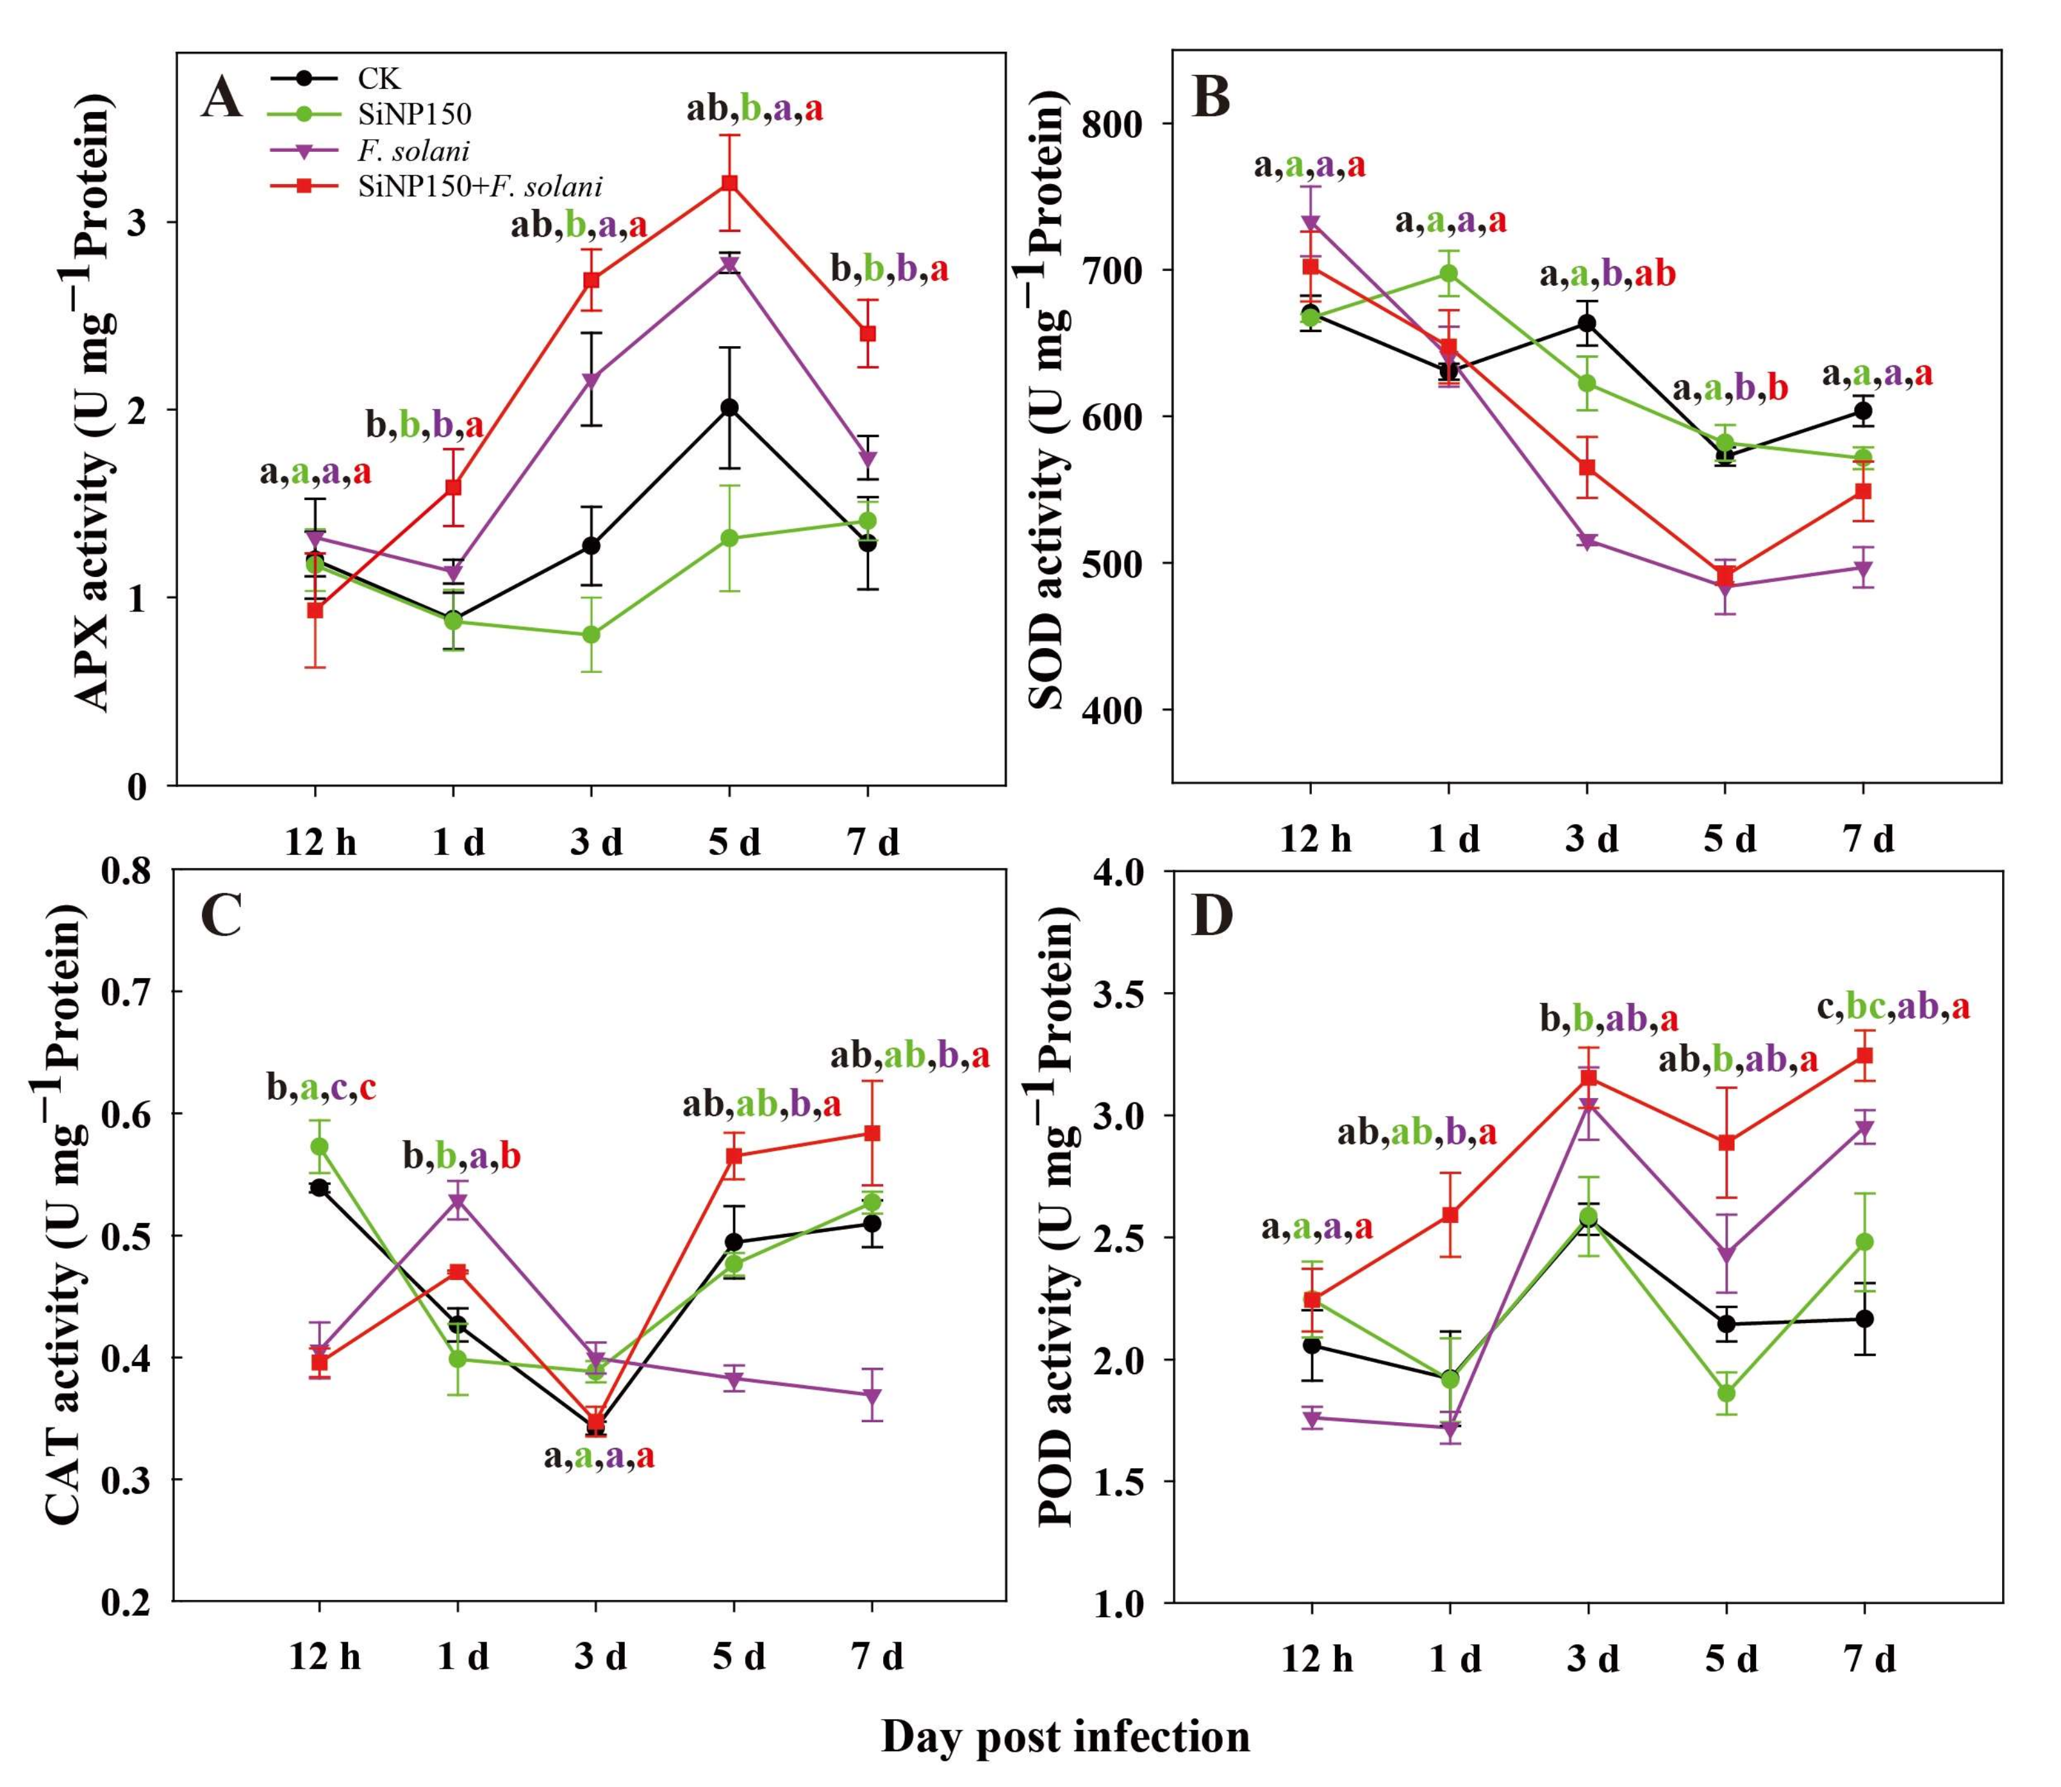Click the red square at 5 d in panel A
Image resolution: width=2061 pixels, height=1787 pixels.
click(730, 183)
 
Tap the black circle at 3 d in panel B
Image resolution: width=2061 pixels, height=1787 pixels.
click(1586, 323)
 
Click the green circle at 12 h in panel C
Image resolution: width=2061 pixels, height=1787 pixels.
click(319, 1147)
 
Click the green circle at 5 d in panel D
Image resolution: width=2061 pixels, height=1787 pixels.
click(1726, 1393)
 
